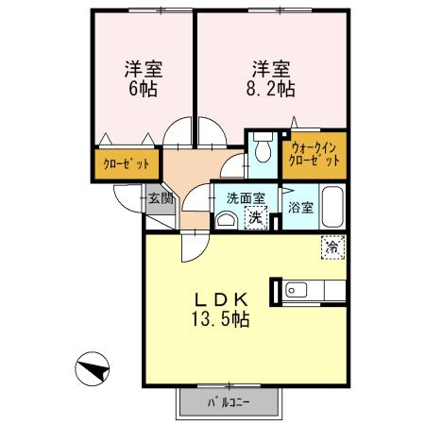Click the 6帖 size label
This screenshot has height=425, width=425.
coord(144,90)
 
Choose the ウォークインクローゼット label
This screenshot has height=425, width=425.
coord(315,155)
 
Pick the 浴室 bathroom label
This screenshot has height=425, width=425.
coord(299,207)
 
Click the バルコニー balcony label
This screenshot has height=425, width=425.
coord(229,403)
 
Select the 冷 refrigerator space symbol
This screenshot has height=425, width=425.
coord(332,247)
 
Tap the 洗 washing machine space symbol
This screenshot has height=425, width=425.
coord(254,217)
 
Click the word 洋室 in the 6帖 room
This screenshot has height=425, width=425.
coord(144,69)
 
